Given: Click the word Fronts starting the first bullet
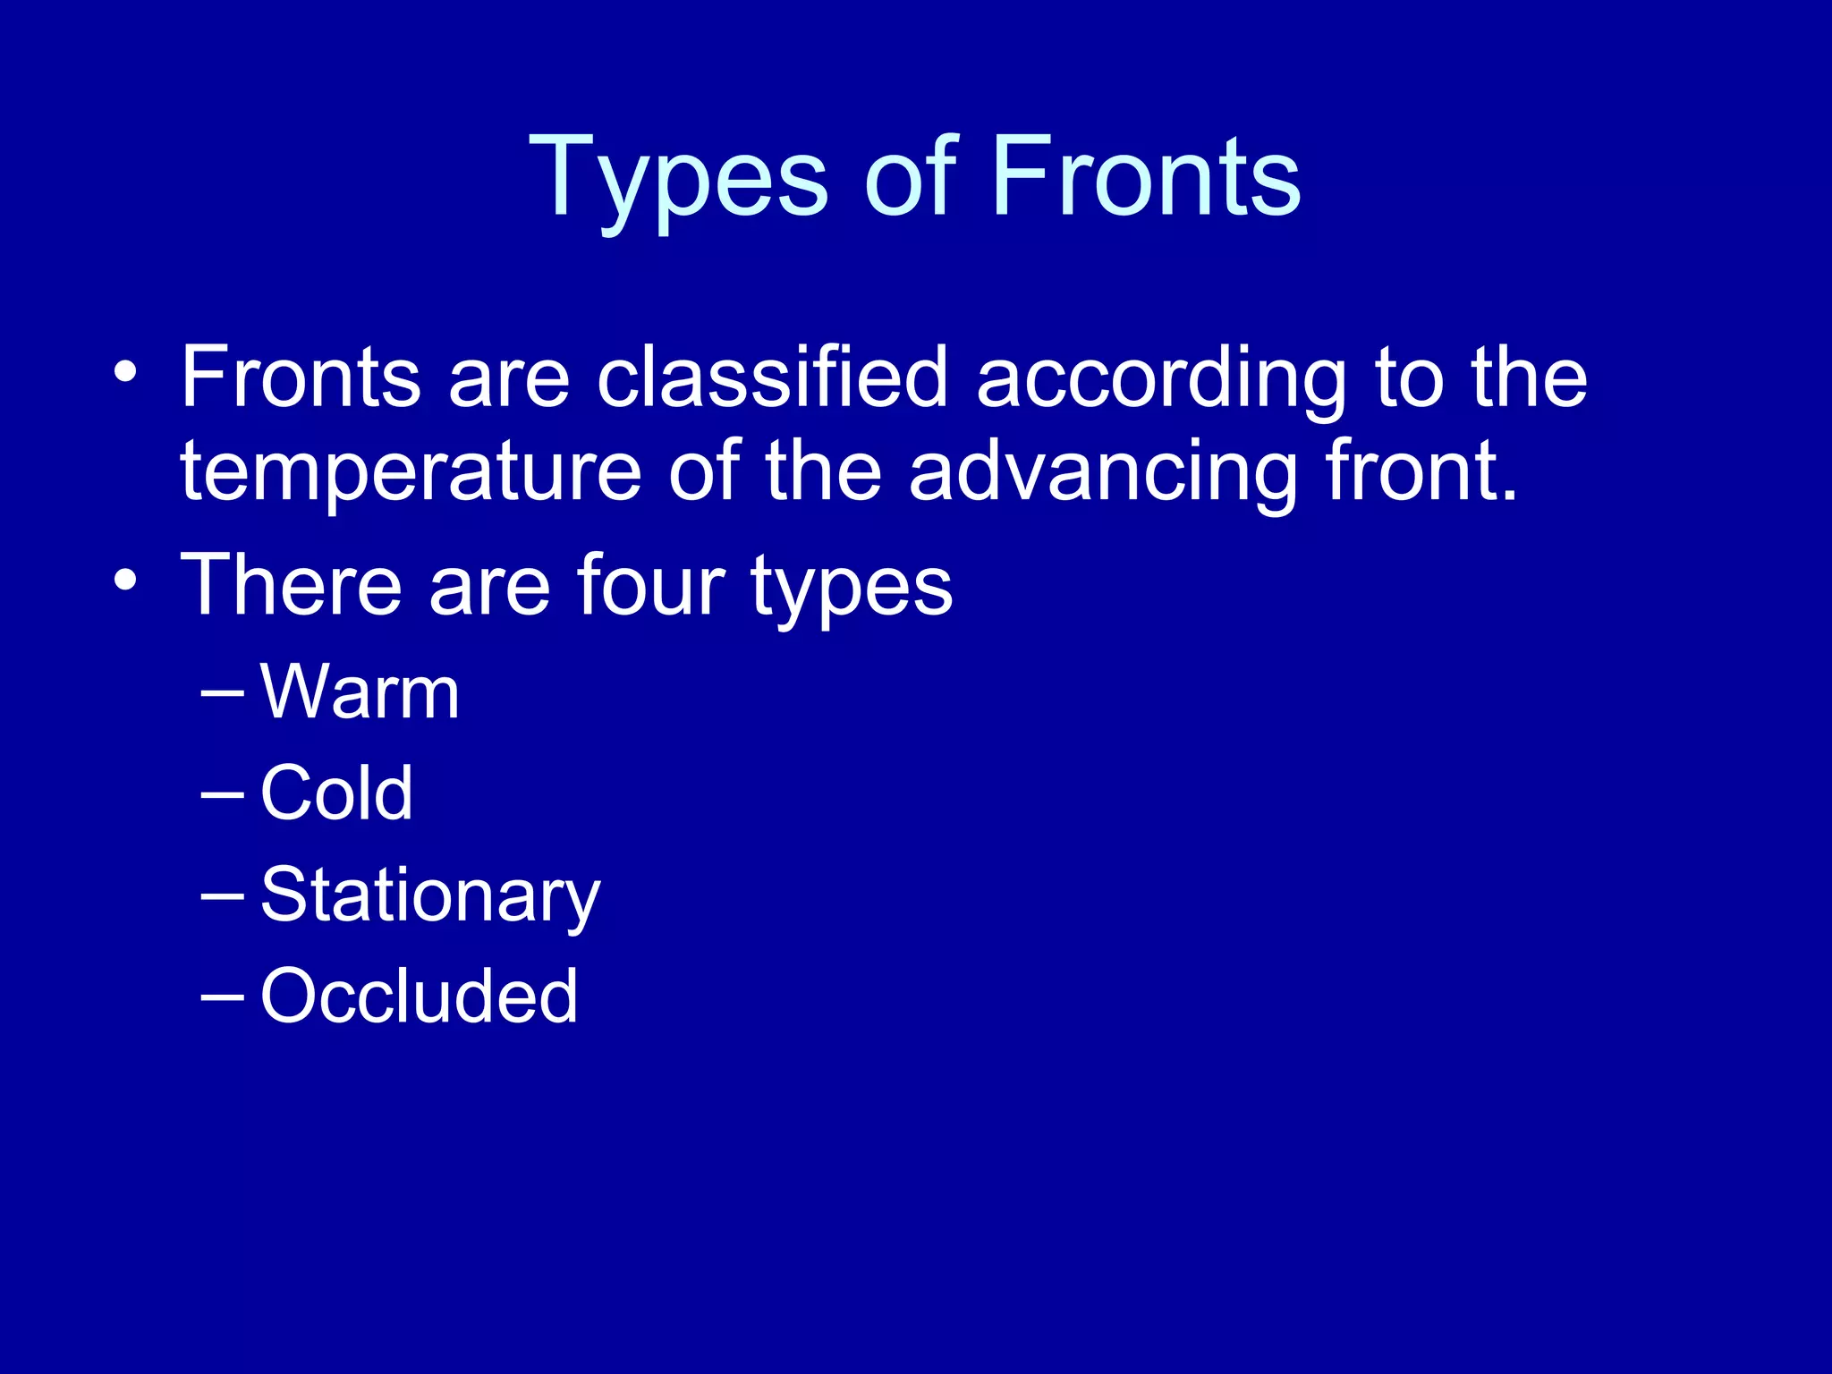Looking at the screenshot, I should (301, 377).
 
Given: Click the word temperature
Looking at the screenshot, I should (411, 473).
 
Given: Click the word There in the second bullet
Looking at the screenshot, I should (292, 585).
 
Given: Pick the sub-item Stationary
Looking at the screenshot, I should (430, 897).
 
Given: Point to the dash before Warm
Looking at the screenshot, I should (223, 693).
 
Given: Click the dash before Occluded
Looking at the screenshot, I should (223, 996).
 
